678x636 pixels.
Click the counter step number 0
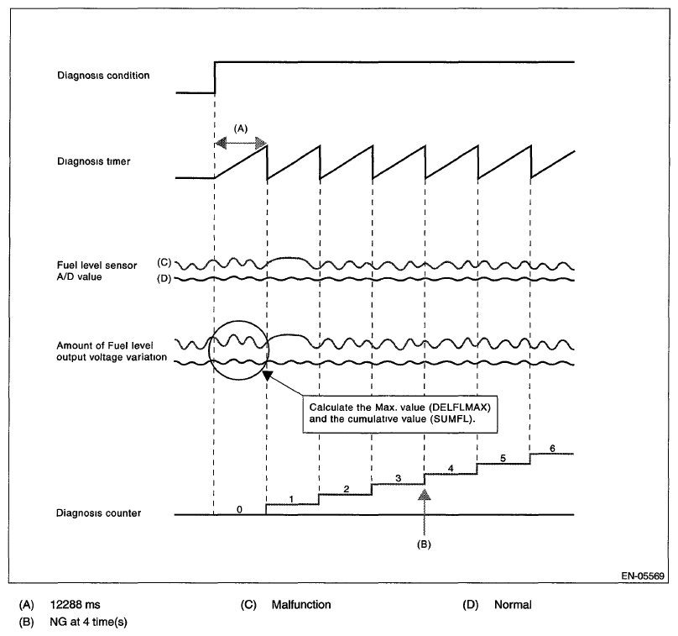click(240, 509)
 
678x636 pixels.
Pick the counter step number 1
click(291, 499)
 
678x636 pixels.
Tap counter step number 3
click(398, 478)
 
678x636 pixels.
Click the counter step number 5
click(502, 458)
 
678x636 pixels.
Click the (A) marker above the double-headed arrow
click(240, 129)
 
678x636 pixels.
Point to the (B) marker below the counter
click(425, 544)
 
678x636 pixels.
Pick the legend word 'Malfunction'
click(301, 604)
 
